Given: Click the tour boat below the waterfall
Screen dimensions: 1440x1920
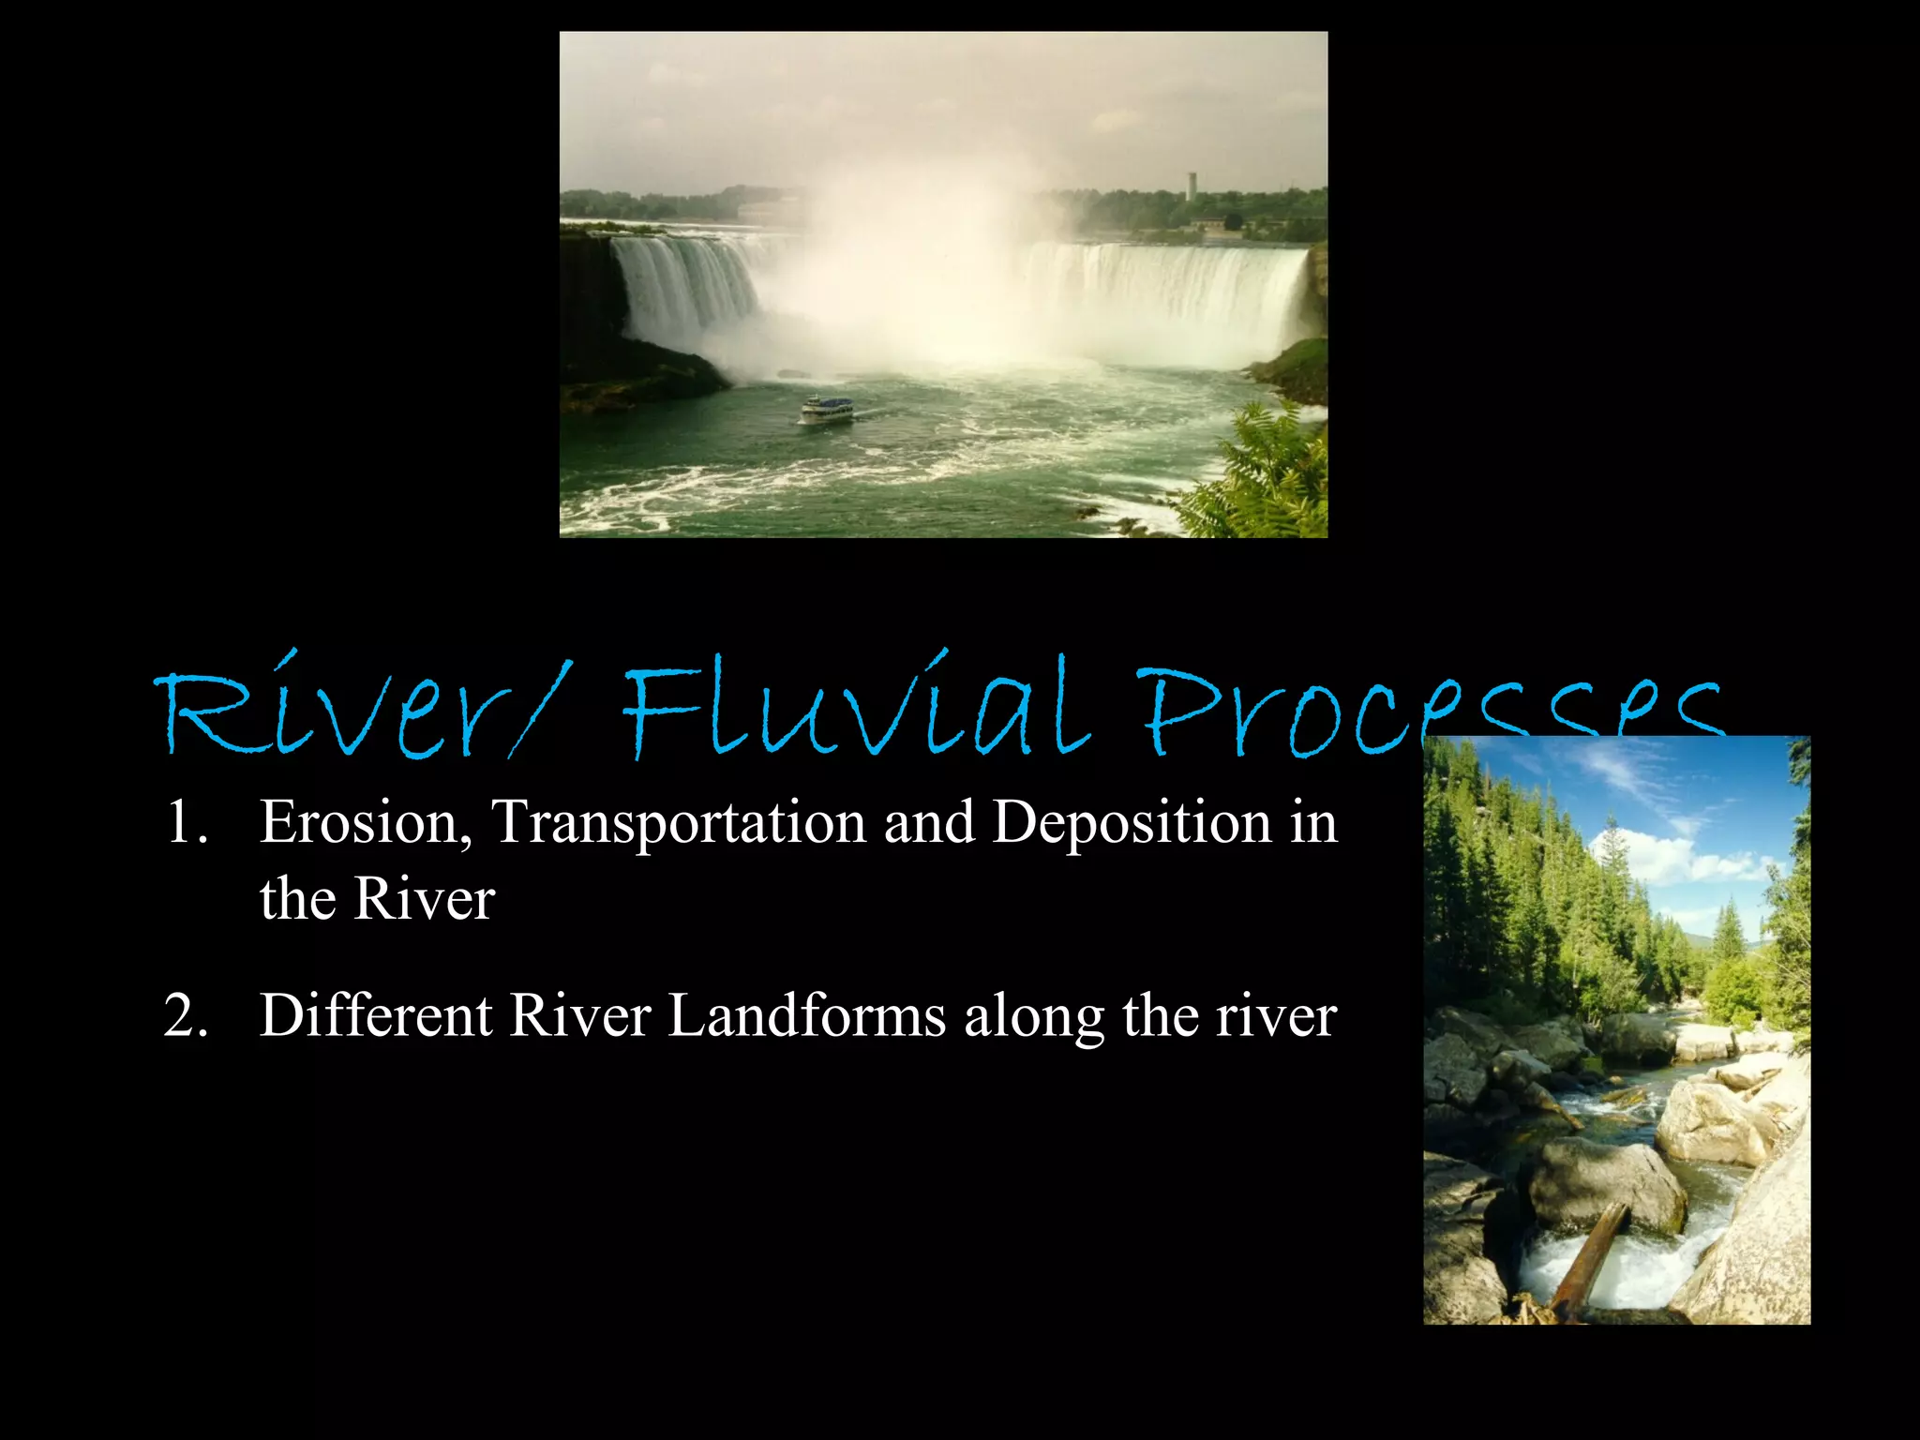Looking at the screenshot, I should pyautogui.click(x=827, y=410).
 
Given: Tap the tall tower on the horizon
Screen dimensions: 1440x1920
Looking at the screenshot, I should pyautogui.click(x=1192, y=186).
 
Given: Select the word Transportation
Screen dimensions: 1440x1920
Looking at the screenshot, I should pyautogui.click(x=680, y=822).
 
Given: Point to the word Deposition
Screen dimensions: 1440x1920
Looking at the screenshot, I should pyautogui.click(x=1132, y=822).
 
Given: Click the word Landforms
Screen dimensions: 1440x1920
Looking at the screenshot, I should pyautogui.click(x=807, y=1015).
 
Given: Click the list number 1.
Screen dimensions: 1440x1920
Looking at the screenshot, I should pyautogui.click(x=185, y=822).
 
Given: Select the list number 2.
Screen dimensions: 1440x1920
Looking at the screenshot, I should pyautogui.click(x=185, y=1015).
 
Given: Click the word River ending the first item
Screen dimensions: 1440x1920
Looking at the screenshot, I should pyautogui.click(x=424, y=900).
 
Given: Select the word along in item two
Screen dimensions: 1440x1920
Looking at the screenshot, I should pyautogui.click(x=1034, y=1015).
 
